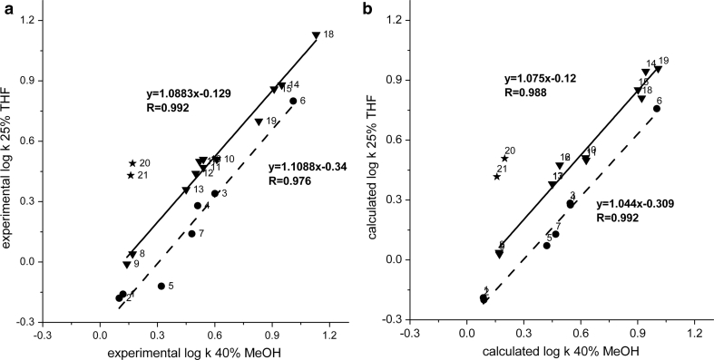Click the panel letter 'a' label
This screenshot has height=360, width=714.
click(x=7, y=7)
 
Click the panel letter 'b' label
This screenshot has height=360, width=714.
click(x=367, y=7)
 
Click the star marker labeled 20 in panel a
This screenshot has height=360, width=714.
click(x=132, y=163)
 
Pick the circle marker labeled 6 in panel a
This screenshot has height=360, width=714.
click(x=293, y=101)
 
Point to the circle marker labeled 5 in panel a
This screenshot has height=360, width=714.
click(x=161, y=286)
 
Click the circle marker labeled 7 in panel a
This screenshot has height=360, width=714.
click(x=191, y=234)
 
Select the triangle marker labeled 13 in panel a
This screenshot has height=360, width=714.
click(x=186, y=190)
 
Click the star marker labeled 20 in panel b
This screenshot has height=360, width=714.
click(x=504, y=159)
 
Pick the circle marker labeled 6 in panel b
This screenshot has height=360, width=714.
click(x=656, y=109)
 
